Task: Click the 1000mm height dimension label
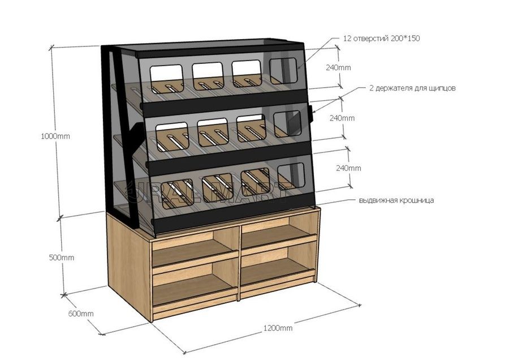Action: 55,136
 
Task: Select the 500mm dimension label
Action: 61,258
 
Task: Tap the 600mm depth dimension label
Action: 81,314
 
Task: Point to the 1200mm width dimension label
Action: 278,328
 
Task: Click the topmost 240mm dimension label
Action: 338,67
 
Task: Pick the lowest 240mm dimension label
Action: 348,168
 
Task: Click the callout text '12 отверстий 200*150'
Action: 381,38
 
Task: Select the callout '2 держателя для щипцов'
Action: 412,88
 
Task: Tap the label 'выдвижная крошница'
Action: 396,200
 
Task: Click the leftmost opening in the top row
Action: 166,79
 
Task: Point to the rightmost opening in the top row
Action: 283,71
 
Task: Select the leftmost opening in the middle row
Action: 172,137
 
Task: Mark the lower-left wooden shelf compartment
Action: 196,284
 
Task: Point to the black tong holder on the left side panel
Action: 136,139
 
